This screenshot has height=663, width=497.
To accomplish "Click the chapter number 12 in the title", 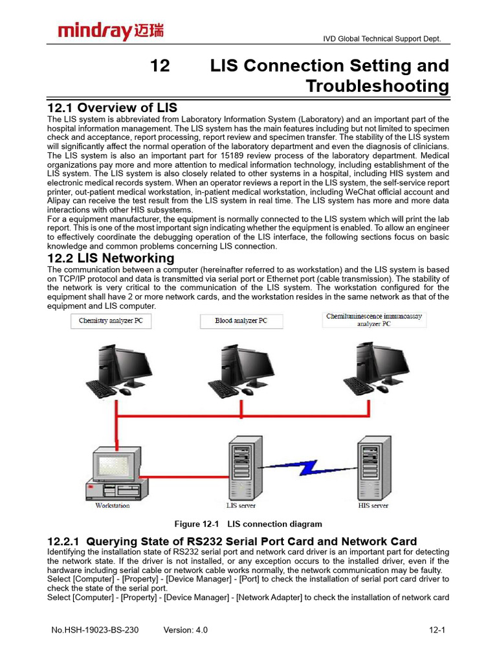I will pyautogui.click(x=160, y=65).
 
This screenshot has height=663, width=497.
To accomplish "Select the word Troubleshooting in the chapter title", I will pyautogui.click(x=377, y=86).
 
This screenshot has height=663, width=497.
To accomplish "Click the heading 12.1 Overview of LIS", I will pyautogui.click(x=113, y=107).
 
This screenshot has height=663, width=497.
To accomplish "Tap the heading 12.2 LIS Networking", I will pyautogui.click(x=111, y=258).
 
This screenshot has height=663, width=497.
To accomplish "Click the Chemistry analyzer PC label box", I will pyautogui.click(x=111, y=321).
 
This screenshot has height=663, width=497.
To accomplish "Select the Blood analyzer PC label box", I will pyautogui.click(x=241, y=321).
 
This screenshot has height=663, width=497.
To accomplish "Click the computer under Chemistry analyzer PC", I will pyautogui.click(x=119, y=370).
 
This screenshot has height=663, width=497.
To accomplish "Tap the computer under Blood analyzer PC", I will pyautogui.click(x=241, y=370).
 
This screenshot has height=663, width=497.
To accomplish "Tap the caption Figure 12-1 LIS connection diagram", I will pyautogui.click(x=248, y=524).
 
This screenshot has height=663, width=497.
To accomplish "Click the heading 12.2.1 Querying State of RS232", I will pyautogui.click(x=232, y=541).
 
